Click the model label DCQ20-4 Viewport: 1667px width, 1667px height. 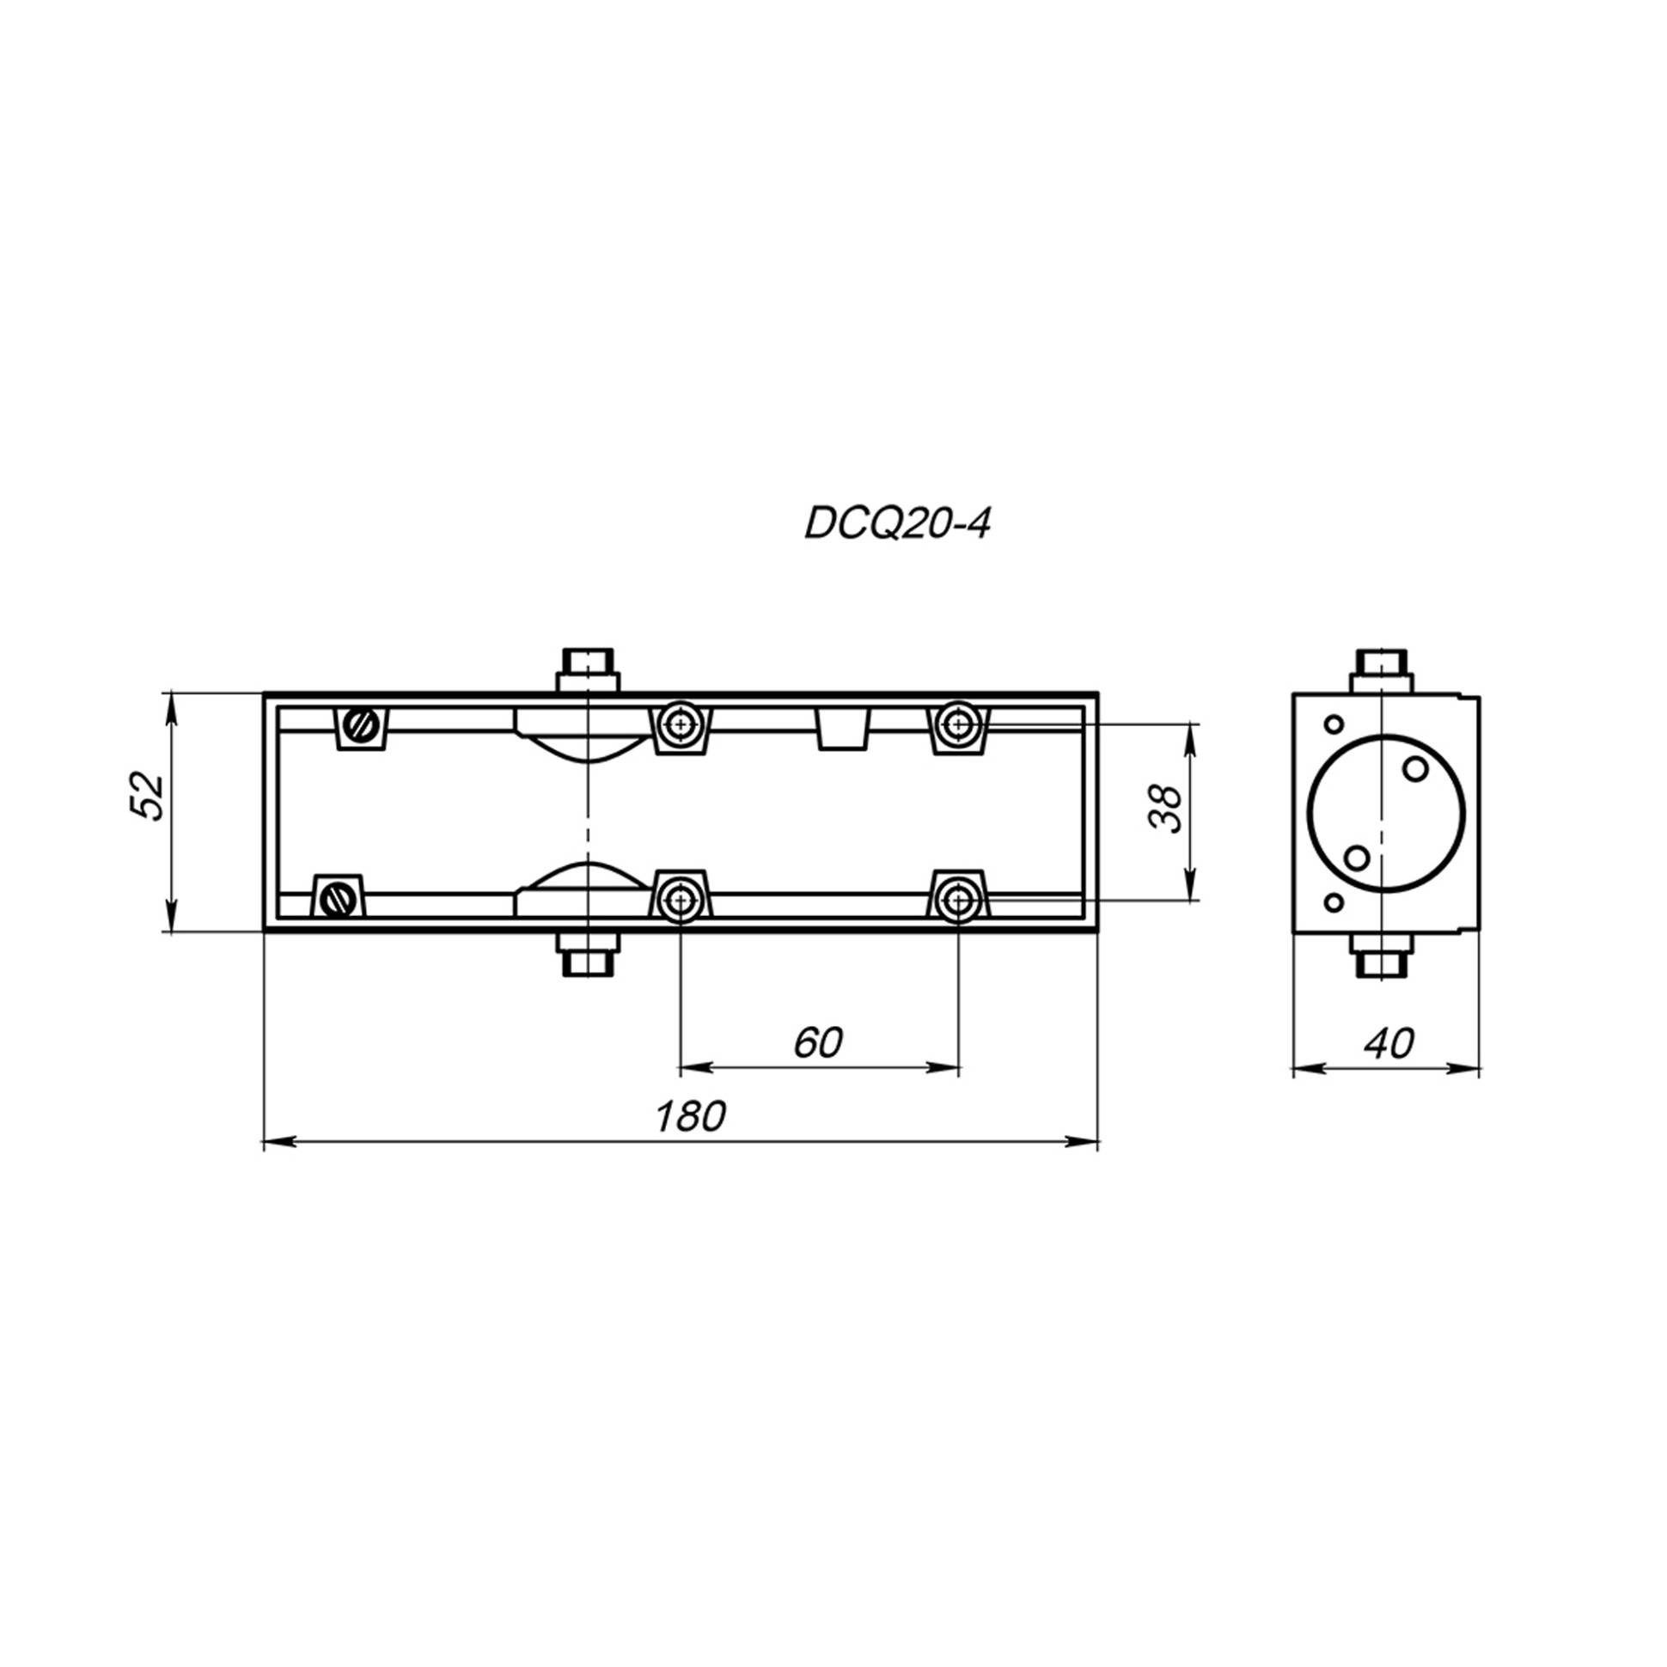point(897,523)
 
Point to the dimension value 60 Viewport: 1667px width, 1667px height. point(818,1043)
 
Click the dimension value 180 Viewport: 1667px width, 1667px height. point(690,1116)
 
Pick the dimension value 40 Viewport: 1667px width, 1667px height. point(1389,1043)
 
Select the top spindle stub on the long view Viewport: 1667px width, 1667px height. point(588,670)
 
